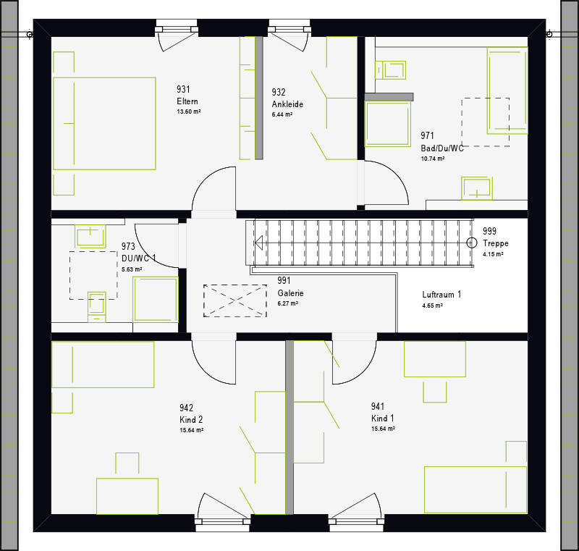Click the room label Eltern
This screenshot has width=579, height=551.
[x=187, y=101]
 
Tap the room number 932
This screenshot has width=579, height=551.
[x=279, y=92]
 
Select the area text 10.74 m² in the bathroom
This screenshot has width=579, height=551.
[x=433, y=159]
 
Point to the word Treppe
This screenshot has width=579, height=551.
[x=496, y=243]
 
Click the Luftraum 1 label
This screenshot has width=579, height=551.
[x=441, y=295]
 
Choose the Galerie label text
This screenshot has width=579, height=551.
[x=291, y=293]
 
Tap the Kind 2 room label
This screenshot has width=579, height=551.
[x=191, y=419]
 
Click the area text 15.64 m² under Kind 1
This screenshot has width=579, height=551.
[x=384, y=429]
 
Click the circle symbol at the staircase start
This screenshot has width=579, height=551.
[x=472, y=243]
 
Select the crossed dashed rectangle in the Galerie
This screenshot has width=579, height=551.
[x=234, y=300]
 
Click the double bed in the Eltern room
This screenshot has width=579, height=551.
[x=104, y=123]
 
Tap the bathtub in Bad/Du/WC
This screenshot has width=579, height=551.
[x=507, y=90]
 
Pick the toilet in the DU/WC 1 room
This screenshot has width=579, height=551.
[x=97, y=307]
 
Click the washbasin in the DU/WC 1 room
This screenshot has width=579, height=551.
[x=90, y=236]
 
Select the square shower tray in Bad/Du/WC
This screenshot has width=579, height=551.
[x=388, y=124]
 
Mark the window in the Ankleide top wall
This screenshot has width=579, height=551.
[x=289, y=28]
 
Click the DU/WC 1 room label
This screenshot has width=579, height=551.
[x=138, y=258]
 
